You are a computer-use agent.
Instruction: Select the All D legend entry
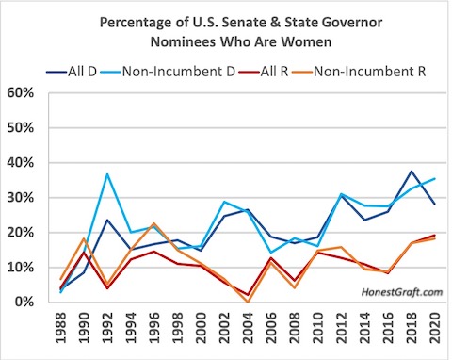pyautogui.click(x=72, y=72)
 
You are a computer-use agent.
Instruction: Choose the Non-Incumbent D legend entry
pyautogui.click(x=168, y=72)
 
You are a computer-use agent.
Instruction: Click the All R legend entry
pyautogui.click(x=264, y=72)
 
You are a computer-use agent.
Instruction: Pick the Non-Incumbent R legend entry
pyautogui.click(x=359, y=72)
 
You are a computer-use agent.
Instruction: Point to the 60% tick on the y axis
pyautogui.click(x=21, y=93)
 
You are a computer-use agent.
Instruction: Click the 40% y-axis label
pyautogui.click(x=21, y=163)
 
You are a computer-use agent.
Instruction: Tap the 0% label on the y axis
pyautogui.click(x=24, y=302)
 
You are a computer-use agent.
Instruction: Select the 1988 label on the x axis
pyautogui.click(x=60, y=328)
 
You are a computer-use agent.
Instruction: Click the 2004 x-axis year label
pyautogui.click(x=247, y=328)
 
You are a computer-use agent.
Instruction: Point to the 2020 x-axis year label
pyautogui.click(x=434, y=328)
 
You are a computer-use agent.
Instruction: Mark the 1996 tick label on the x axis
pyautogui.click(x=153, y=328)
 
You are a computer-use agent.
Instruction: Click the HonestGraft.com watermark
pyautogui.click(x=402, y=292)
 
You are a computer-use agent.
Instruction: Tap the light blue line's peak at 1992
pyautogui.click(x=107, y=174)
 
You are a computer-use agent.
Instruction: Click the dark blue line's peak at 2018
pyautogui.click(x=412, y=172)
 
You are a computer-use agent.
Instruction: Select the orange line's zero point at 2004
pyautogui.click(x=248, y=302)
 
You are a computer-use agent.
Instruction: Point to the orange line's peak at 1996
pyautogui.click(x=153, y=223)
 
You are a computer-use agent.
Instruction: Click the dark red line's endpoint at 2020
pyautogui.click(x=435, y=235)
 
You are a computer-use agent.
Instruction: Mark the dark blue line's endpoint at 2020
pyautogui.click(x=435, y=204)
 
